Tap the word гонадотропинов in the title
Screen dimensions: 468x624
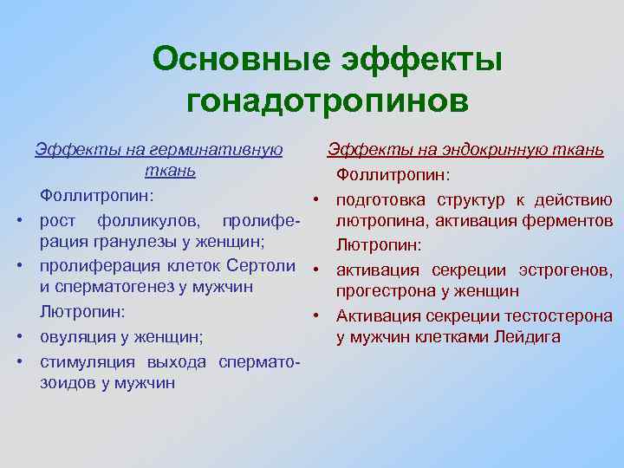[x=328, y=101]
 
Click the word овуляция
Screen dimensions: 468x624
[x=81, y=335]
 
